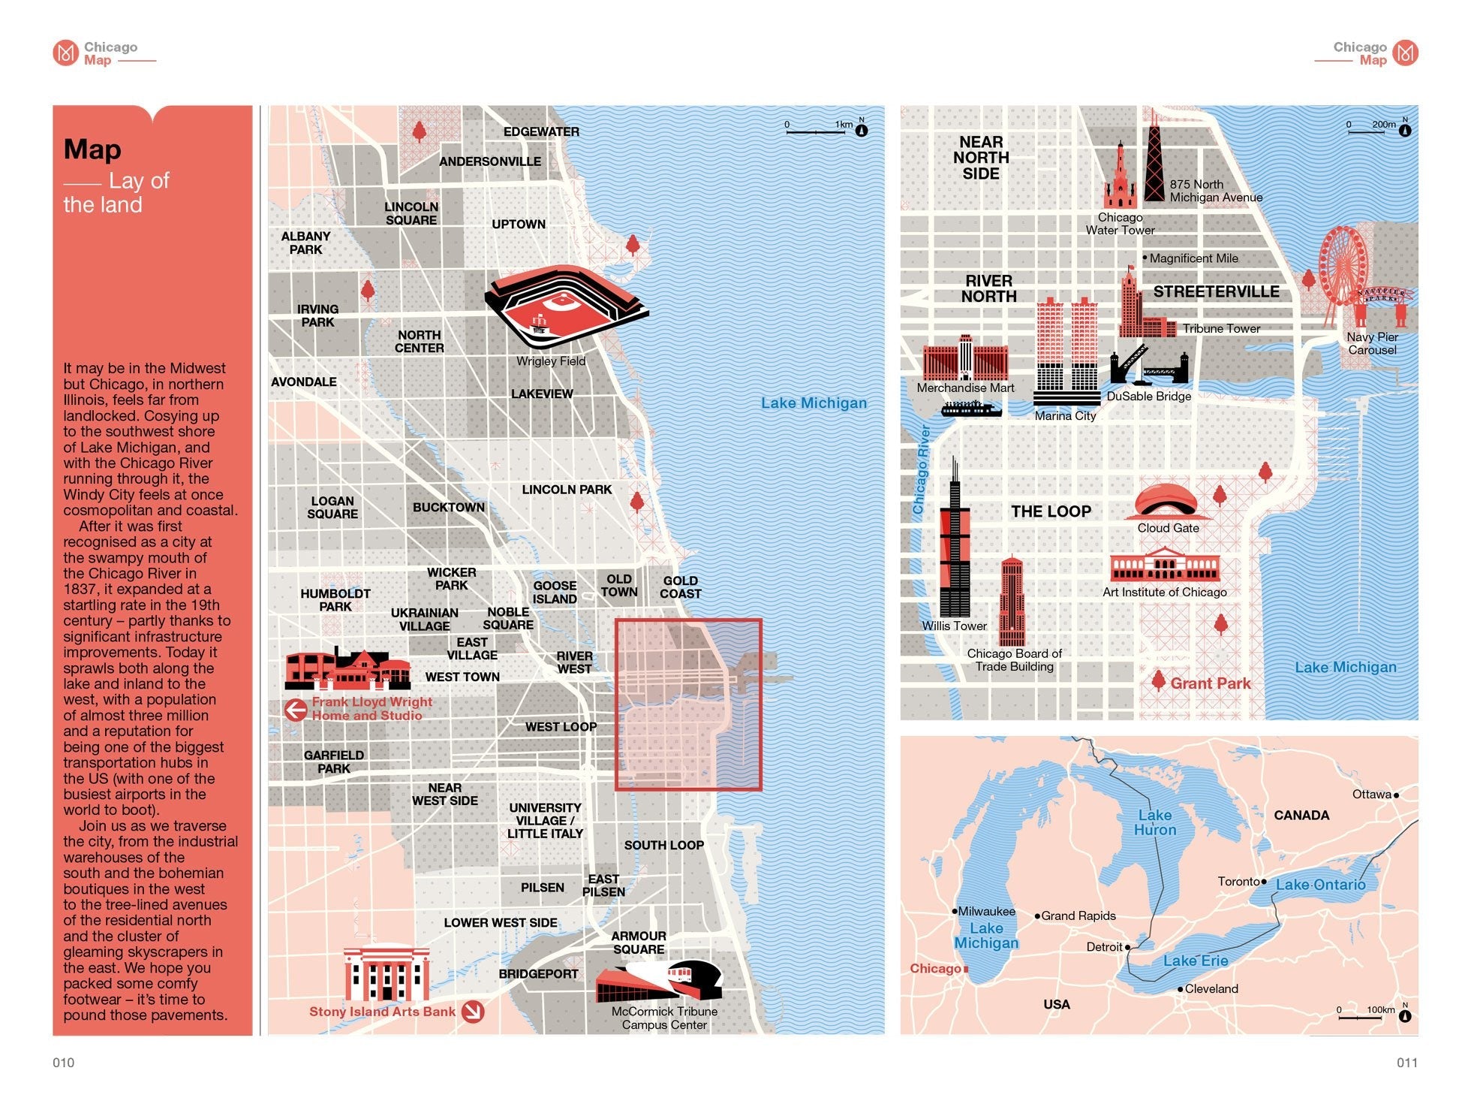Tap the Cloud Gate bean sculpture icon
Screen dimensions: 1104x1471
pyautogui.click(x=1166, y=502)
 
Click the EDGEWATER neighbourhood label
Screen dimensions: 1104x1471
pyautogui.click(x=541, y=132)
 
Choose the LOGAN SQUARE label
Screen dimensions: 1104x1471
pyautogui.click(x=332, y=508)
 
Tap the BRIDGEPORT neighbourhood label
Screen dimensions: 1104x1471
pyautogui.click(x=538, y=974)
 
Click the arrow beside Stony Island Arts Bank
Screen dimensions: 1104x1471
pyautogui.click(x=473, y=1012)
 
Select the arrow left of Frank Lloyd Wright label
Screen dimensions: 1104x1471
pyautogui.click(x=296, y=709)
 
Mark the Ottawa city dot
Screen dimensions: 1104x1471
pyautogui.click(x=1396, y=795)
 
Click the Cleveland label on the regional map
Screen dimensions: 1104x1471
pyautogui.click(x=1211, y=989)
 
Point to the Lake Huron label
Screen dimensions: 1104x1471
pyautogui.click(x=1154, y=822)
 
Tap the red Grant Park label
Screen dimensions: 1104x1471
pyautogui.click(x=1210, y=683)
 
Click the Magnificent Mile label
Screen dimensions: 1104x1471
pyautogui.click(x=1193, y=258)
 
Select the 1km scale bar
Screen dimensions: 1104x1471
pyautogui.click(x=816, y=132)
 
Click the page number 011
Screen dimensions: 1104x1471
pyautogui.click(x=1406, y=1063)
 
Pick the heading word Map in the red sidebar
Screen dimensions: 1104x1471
pyautogui.click(x=92, y=149)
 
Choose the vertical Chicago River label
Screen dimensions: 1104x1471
pyautogui.click(x=922, y=470)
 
